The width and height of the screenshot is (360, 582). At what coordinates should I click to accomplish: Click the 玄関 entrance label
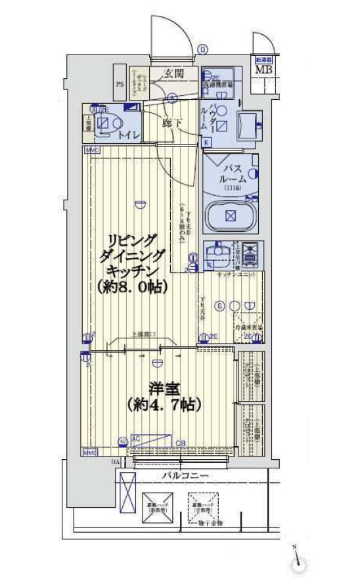pos(173,73)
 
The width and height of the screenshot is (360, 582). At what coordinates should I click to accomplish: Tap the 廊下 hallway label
pos(171,122)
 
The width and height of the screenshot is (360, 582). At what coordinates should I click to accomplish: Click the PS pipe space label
pos(120,84)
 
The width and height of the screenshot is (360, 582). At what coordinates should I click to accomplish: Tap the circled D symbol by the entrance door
pos(203,49)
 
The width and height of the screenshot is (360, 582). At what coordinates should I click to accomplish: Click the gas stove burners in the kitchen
pos(250,252)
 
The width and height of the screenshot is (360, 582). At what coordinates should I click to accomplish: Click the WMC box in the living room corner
pos(90,151)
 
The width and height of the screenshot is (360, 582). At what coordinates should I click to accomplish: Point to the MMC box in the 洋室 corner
pos(89,453)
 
